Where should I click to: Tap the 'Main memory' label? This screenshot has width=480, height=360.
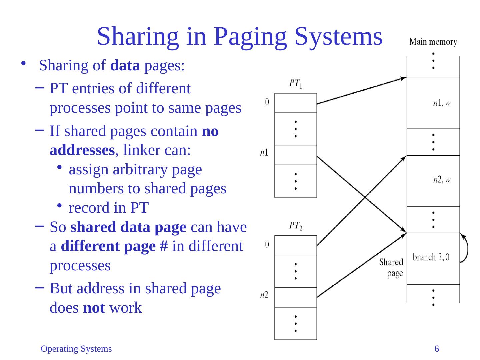(x=433, y=42)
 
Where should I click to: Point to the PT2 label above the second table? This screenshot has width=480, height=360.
(x=295, y=226)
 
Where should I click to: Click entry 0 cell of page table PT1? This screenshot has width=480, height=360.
(x=295, y=103)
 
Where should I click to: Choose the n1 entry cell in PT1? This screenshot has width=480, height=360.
(x=295, y=155)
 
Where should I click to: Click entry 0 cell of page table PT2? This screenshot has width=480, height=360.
(x=295, y=245)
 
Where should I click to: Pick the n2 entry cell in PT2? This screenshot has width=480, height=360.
(x=295, y=297)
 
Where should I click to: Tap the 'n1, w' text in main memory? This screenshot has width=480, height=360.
(x=441, y=103)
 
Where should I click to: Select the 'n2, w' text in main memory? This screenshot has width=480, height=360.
(x=441, y=180)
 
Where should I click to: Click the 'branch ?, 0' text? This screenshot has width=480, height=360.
(x=431, y=257)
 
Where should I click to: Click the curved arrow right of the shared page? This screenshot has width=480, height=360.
(x=465, y=249)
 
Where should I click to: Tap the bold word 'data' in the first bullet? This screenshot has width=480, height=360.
(x=125, y=66)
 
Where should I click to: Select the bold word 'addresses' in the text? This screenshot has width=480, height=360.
(x=82, y=150)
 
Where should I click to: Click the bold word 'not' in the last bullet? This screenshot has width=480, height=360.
(x=94, y=308)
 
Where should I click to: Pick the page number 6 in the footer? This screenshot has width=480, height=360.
(x=436, y=349)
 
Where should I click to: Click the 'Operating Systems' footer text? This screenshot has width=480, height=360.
(x=76, y=349)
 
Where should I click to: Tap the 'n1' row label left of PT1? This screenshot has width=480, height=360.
(x=264, y=153)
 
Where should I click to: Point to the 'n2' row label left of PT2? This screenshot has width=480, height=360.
(x=264, y=295)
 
